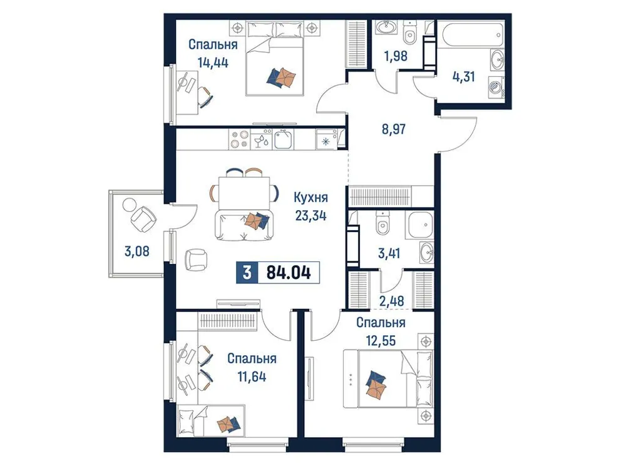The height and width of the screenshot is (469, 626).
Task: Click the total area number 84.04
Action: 288,273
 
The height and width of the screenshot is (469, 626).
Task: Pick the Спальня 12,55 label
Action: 381,331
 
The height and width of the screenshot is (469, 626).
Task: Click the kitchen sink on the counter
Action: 284,139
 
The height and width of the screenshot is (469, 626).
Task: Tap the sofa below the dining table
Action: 245,225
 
